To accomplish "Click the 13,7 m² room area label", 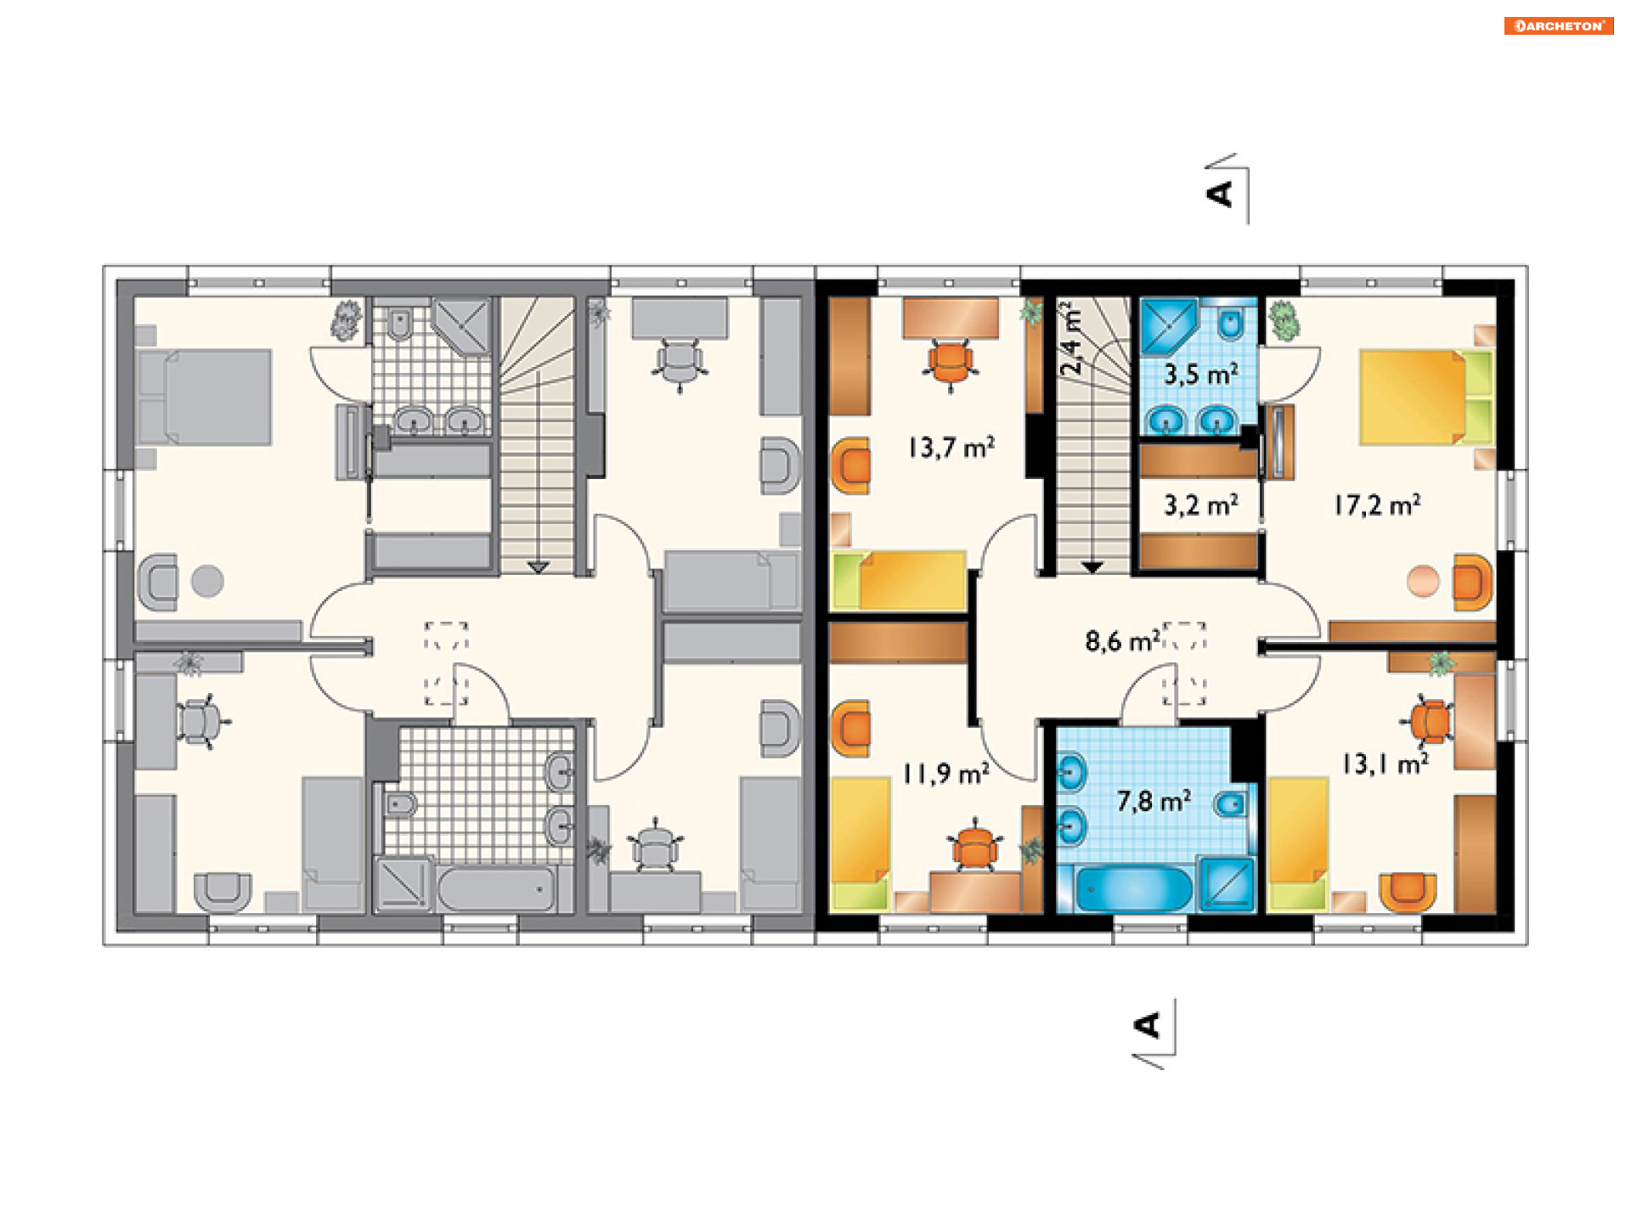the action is pos(951,447).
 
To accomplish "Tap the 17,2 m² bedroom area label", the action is pos(1377,505).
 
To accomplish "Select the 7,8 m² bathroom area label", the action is pos(1154,800).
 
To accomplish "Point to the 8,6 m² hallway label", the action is pos(1122,640).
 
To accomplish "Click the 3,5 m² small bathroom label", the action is pos(1200,374).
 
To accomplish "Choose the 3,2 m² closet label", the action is pos(1200,505).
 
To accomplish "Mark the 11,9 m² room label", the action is pos(945,774).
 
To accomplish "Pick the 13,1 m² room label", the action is pos(1385,764).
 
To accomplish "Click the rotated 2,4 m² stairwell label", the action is pos(1072,338).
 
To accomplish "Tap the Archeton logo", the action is pos(1559,25).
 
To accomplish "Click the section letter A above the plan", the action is pos(1220,194).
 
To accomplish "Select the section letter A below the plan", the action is pos(1148,1025).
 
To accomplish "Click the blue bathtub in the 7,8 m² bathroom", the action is pos(1134,888).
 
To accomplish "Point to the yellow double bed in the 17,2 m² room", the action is pos(1426,398).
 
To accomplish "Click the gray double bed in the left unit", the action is pos(204,397).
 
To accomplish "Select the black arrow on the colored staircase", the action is pos(1092,566).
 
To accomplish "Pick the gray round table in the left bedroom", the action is pos(207,582).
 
